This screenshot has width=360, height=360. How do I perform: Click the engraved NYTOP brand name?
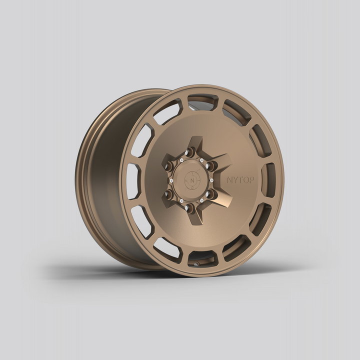pos(240,180)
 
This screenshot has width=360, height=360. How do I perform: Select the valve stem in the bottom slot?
pos(196,263)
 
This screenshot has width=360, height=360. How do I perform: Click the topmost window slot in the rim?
pos(202,101)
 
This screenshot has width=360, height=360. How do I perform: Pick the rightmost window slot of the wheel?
pos(268,179)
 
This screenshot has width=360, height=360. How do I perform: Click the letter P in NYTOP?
pos(251,180)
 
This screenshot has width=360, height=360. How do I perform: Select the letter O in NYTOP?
pos(245,180)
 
